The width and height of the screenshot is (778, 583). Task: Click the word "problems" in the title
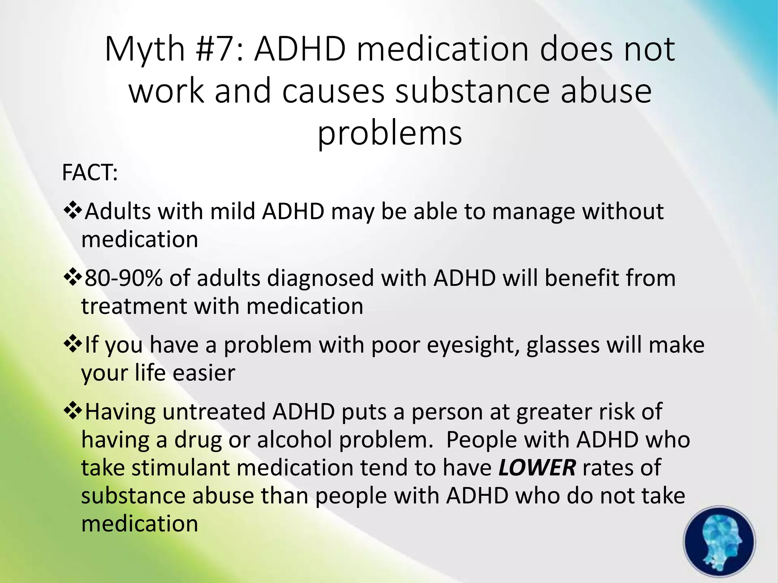tap(390, 133)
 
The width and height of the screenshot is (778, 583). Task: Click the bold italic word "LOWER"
tap(537, 467)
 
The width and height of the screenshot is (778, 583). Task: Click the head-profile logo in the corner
tap(719, 542)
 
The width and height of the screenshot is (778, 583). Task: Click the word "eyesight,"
tap(473, 345)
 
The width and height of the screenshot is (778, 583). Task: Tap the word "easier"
tap(204, 373)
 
